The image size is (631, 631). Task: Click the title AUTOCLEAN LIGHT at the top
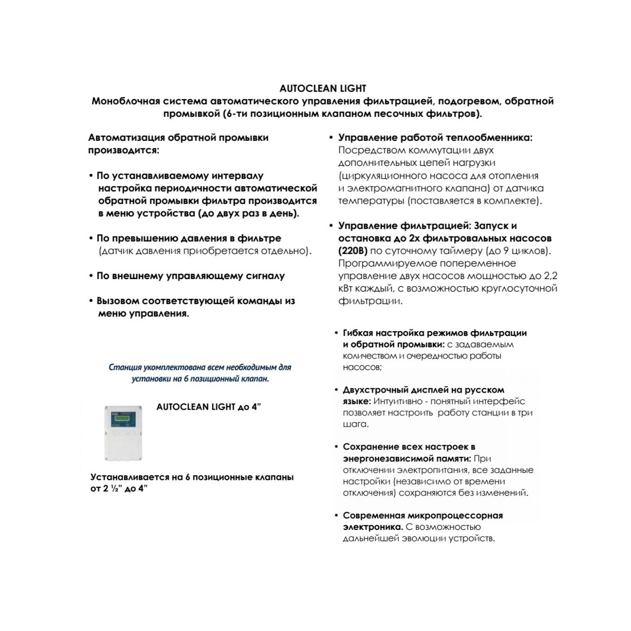[322, 88]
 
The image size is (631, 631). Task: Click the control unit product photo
[123, 433]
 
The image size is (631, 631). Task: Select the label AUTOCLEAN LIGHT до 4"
[208, 407]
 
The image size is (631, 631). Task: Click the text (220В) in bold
[353, 251]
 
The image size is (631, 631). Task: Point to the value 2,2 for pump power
[550, 276]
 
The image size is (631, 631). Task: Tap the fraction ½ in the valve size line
[115, 489]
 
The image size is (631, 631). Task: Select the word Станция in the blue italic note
[125, 367]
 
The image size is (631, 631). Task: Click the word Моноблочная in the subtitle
[126, 101]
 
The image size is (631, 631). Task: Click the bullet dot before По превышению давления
[91, 238]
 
